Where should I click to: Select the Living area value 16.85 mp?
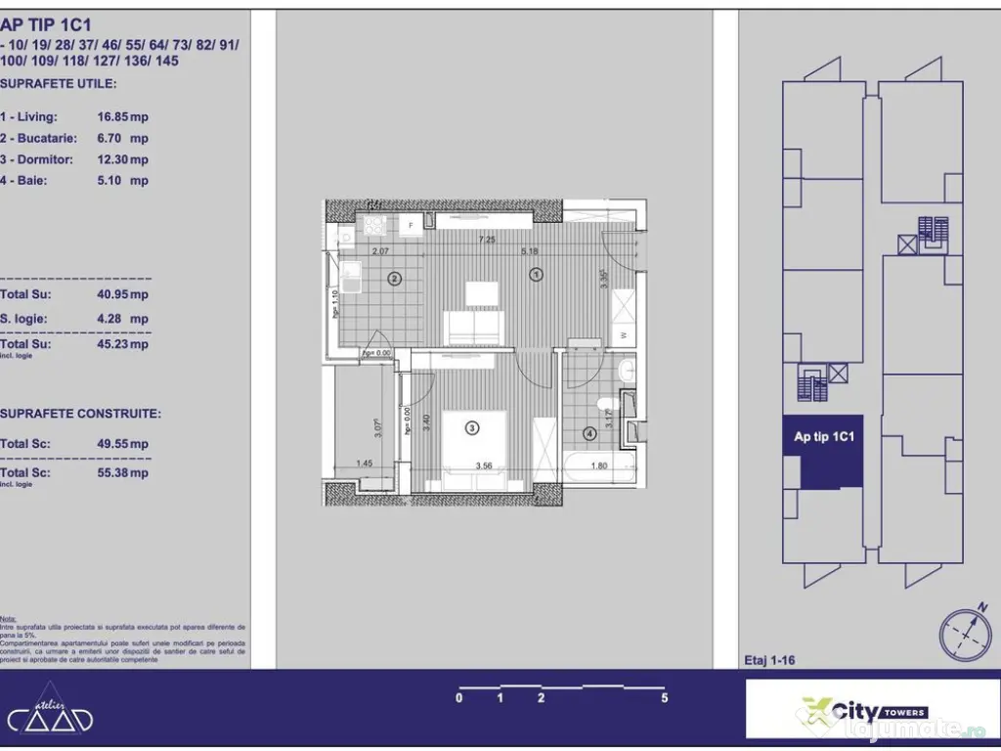click(x=122, y=117)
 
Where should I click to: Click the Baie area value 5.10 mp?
click(x=122, y=181)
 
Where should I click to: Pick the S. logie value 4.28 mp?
click(x=122, y=319)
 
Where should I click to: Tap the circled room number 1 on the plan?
click(x=536, y=276)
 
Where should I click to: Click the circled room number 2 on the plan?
click(x=394, y=279)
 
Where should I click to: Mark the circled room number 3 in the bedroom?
click(x=472, y=427)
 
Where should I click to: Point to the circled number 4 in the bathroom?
click(x=589, y=433)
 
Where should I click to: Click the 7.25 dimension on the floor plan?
click(x=486, y=240)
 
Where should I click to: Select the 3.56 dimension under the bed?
click(x=483, y=466)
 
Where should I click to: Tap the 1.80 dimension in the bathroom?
click(x=599, y=466)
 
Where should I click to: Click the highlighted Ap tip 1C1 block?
click(x=823, y=449)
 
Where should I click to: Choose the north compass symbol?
click(x=965, y=633)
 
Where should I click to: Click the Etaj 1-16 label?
click(x=769, y=660)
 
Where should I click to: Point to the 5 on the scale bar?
click(x=664, y=698)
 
